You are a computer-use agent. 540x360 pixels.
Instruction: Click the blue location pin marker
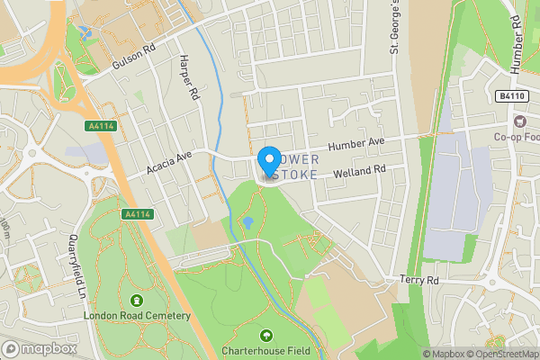(x=268, y=160)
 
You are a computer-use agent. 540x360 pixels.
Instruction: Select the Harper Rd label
(x=187, y=77)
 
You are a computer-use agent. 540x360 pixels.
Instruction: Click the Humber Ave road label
(x=355, y=144)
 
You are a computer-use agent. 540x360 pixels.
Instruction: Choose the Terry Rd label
(x=420, y=281)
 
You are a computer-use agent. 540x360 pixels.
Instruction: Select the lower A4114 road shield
(x=135, y=213)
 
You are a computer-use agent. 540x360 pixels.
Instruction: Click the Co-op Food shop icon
(x=519, y=121)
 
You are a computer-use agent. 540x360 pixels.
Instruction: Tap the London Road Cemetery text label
(x=137, y=316)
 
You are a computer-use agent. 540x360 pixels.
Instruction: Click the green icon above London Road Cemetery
(x=137, y=300)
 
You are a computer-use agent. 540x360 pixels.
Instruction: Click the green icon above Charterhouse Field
(x=265, y=336)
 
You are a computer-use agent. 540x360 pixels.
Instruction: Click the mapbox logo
(x=39, y=348)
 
